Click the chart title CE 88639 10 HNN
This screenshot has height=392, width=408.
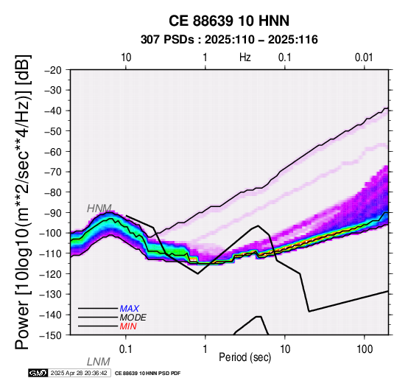229,21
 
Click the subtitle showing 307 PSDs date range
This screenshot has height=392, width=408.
229,40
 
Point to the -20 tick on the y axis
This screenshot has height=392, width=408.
53,70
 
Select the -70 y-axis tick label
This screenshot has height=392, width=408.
53,172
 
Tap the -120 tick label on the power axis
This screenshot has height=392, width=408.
50,274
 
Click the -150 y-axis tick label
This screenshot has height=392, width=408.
50,335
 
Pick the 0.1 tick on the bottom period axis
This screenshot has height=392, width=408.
125,349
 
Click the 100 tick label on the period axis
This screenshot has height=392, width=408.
365,349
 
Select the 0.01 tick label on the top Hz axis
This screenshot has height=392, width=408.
364,57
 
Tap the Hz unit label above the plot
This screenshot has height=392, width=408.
245,57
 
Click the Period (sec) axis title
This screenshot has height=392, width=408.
245,357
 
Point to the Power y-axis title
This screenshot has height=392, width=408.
23,202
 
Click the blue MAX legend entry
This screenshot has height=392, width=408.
130,309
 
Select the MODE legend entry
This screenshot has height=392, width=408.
133,318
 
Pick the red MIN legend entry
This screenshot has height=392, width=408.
128,326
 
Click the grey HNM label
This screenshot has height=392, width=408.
99,209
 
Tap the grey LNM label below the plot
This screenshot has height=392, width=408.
99,362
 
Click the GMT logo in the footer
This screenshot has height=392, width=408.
38,373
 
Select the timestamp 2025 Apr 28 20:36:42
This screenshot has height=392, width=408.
79,373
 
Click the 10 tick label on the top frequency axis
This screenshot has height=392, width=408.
126,57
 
